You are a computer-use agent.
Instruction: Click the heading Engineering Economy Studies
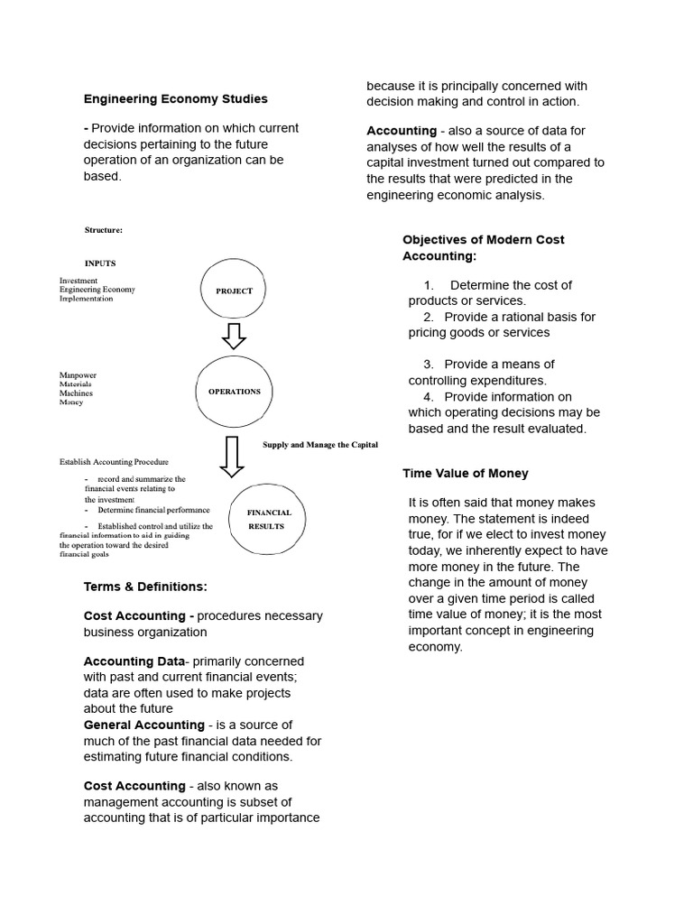click(175, 98)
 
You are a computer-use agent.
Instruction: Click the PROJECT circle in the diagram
click(234, 291)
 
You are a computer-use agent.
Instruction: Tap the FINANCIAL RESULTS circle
click(268, 519)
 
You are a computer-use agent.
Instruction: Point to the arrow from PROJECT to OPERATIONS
click(233, 335)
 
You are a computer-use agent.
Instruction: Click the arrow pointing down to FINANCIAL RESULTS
click(232, 456)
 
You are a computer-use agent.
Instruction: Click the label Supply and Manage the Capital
click(319, 445)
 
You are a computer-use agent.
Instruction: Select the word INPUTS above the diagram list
click(100, 263)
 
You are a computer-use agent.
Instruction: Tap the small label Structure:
click(103, 230)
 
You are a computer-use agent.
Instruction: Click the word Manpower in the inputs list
click(78, 375)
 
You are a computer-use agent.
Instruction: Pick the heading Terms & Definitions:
click(145, 587)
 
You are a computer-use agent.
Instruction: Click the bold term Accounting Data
click(132, 661)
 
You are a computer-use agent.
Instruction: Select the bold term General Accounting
click(143, 725)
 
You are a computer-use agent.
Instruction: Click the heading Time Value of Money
click(465, 473)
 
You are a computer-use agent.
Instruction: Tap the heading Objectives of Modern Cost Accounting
click(483, 247)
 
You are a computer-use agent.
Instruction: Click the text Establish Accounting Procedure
click(114, 462)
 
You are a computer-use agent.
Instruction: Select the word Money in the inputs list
click(71, 402)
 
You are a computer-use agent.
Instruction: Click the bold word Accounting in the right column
click(401, 131)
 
